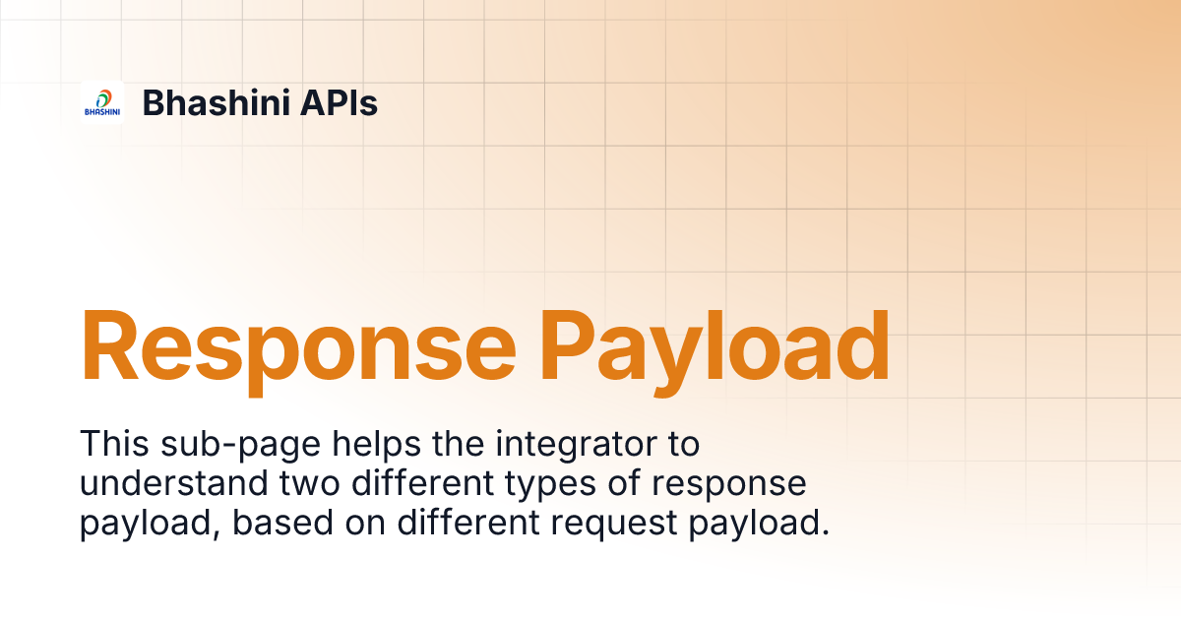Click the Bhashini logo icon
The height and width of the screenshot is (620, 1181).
coord(102,102)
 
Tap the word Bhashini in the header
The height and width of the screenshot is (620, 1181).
coord(217,102)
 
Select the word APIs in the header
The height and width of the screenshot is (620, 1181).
coord(339,102)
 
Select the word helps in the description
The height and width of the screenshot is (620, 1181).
coord(376,446)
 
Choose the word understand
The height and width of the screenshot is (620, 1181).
coord(174,483)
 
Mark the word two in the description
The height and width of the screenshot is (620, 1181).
coord(309,484)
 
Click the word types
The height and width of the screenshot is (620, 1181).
coord(551,485)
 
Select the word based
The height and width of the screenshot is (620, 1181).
coord(283,522)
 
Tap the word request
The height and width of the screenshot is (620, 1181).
coord(614,526)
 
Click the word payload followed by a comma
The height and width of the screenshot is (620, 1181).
coord(150,524)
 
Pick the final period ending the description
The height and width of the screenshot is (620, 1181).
coord(825,532)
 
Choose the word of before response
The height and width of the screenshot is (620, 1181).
coord(624,483)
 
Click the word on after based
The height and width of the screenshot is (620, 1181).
coord(365,525)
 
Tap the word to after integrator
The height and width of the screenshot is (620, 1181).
coord(683,445)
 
